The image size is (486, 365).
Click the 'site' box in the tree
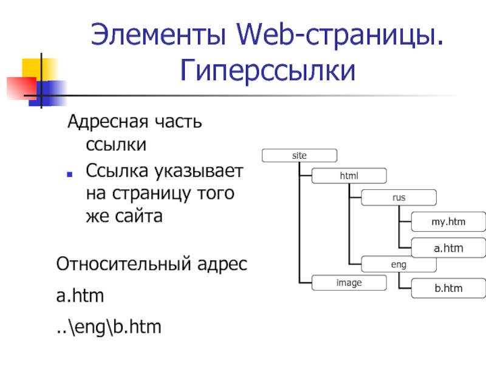pyautogui.click(x=299, y=156)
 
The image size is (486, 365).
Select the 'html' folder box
pyautogui.click(x=349, y=176)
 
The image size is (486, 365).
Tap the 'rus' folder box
pyautogui.click(x=399, y=198)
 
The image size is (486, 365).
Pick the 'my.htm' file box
pyautogui.click(x=448, y=222)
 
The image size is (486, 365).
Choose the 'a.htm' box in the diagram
pyautogui.click(x=448, y=248)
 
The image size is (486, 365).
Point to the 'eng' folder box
pyautogui.click(x=399, y=265)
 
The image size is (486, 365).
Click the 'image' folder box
pyautogui.click(x=349, y=282)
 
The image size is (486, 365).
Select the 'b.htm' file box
pyautogui.click(x=448, y=288)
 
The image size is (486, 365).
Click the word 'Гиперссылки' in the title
pyautogui.click(x=267, y=71)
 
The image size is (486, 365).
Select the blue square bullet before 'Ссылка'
pyautogui.click(x=71, y=173)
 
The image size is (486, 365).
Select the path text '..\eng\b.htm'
pyautogui.click(x=109, y=328)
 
